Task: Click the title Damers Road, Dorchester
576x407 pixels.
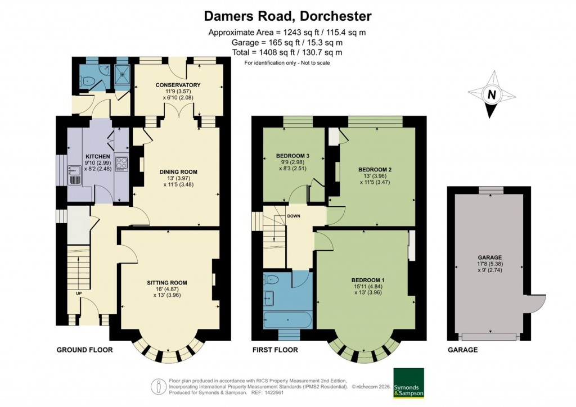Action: (287, 15)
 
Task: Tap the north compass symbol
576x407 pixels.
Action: (492, 94)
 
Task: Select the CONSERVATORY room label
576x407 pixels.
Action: (178, 85)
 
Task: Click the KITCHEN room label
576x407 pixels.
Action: (97, 156)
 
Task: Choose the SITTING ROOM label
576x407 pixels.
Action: (167, 283)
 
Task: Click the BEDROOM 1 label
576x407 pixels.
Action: (368, 280)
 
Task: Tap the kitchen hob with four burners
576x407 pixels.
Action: (121, 164)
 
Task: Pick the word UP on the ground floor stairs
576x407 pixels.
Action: (78, 293)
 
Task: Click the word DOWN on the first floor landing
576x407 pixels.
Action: (294, 216)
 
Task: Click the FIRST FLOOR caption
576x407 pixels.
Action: (275, 350)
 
